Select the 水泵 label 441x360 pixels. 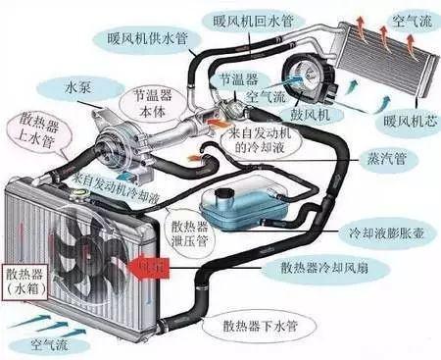tap(79, 87)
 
